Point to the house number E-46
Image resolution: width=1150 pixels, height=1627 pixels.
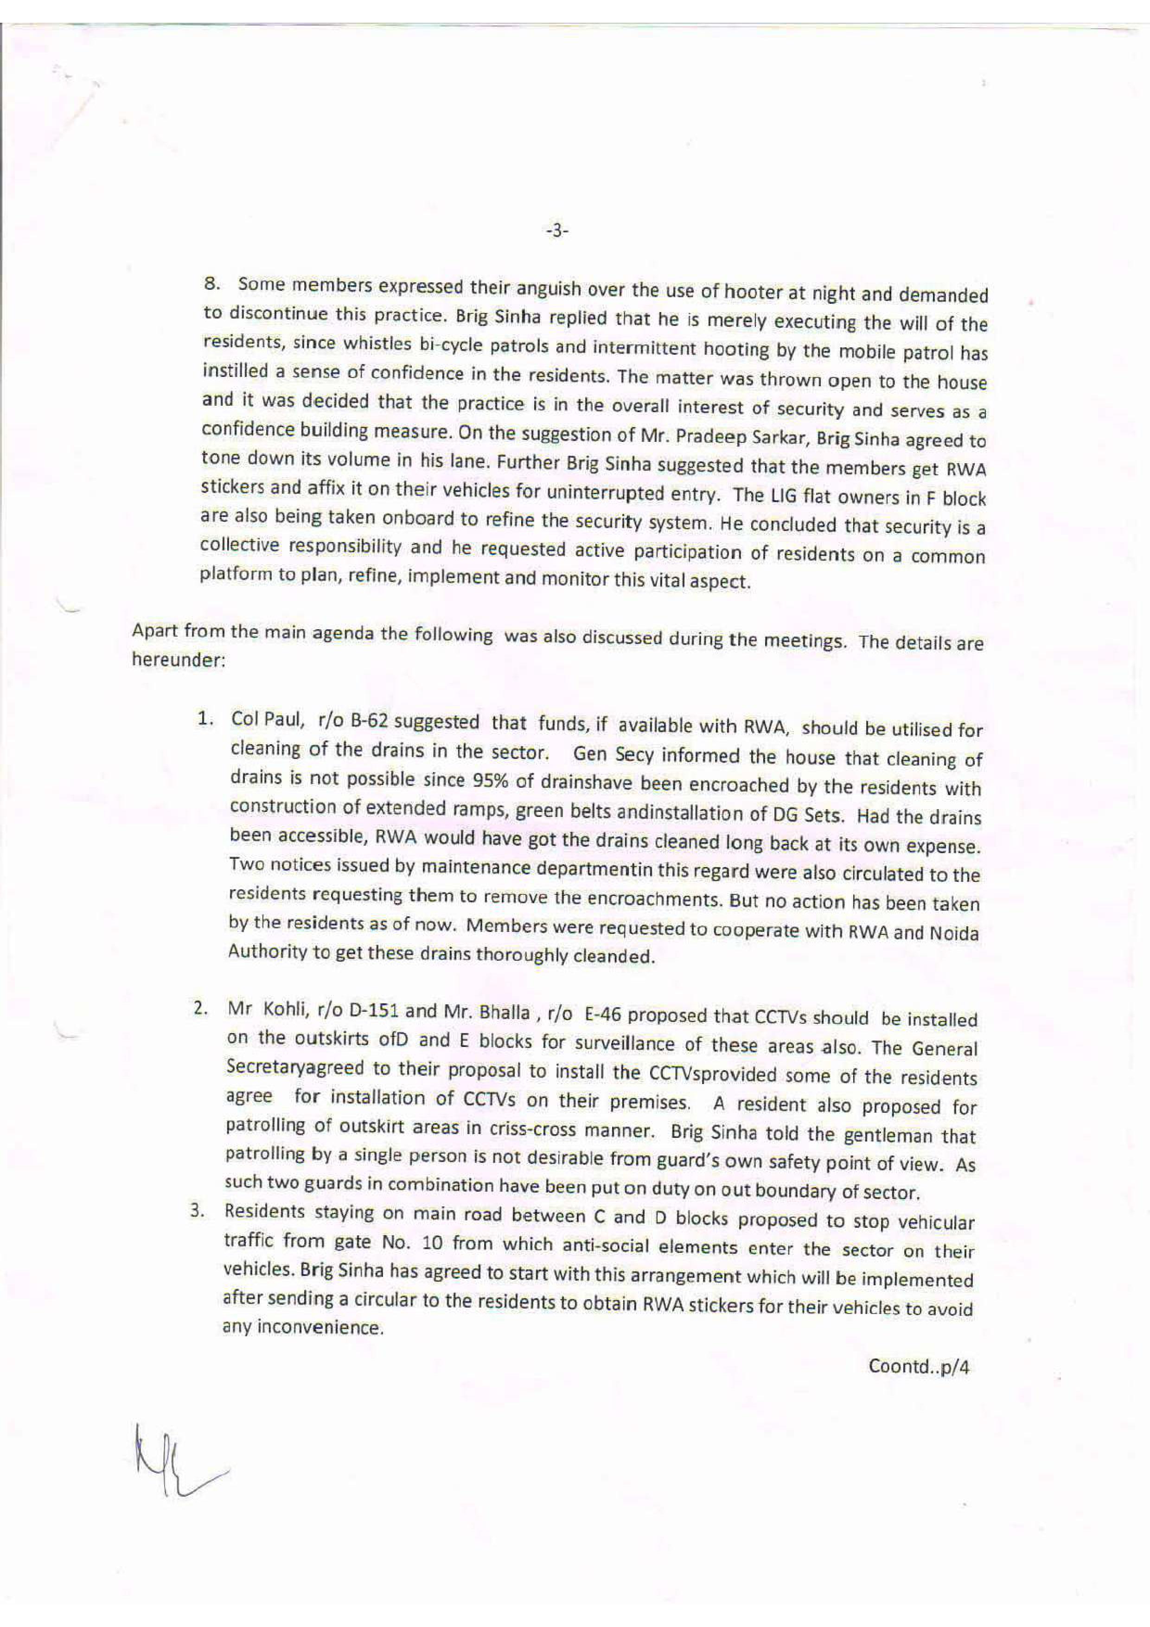coord(602,1014)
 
